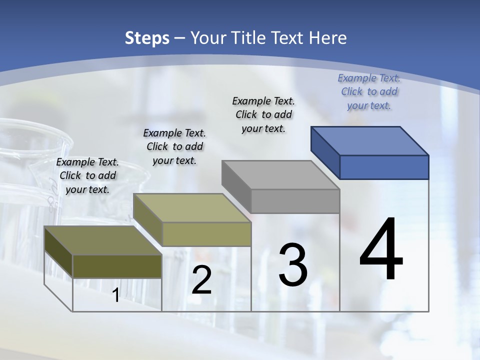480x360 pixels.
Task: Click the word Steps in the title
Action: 146,38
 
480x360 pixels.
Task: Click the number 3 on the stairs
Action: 293,265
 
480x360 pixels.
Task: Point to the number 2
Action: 201,280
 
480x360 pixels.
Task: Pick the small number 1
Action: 115,295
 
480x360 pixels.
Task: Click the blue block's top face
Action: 369,140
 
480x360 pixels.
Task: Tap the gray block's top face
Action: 280,174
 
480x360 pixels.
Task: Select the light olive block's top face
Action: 192,207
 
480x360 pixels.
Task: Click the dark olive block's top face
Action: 102,240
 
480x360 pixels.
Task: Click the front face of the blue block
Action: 384,167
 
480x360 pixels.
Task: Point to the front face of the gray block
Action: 295,201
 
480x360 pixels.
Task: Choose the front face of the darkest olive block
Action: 117,266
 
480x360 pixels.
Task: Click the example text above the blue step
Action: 369,91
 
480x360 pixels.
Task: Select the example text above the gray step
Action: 263,114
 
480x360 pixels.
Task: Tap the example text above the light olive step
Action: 174,146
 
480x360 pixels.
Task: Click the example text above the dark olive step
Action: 87,175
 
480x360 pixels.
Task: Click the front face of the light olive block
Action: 206,234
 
